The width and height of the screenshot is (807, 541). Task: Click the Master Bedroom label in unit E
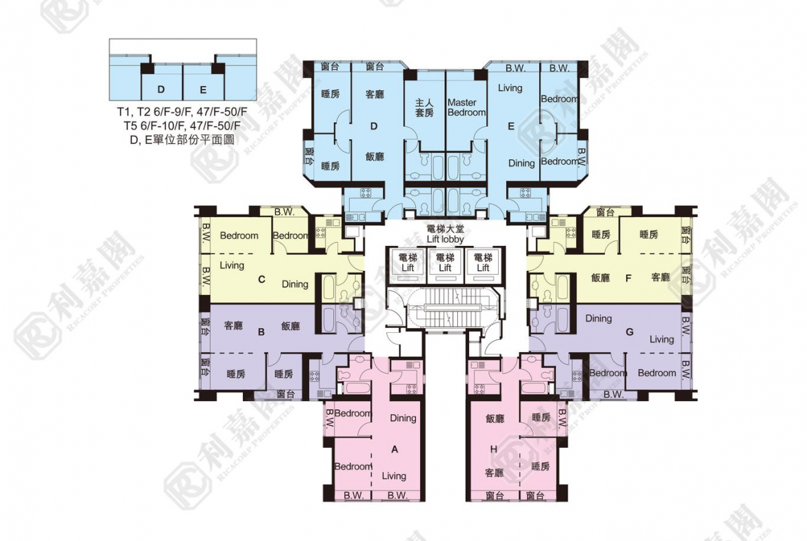466,108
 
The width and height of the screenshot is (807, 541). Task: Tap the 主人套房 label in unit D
424,108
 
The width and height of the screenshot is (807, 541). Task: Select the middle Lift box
445,263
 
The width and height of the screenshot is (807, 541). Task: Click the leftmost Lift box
408,263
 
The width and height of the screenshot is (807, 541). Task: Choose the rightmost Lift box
483,263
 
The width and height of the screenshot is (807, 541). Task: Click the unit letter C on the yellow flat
261,279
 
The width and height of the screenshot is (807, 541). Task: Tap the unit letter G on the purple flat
628,331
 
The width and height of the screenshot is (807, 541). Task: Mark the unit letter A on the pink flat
395,449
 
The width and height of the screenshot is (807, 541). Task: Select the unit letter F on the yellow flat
628,278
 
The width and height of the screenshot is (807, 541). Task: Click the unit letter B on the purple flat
261,331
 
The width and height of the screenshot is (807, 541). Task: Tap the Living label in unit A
395,476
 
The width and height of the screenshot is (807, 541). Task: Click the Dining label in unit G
598,318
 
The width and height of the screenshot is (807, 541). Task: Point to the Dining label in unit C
295,284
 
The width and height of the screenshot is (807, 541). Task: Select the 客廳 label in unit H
493,473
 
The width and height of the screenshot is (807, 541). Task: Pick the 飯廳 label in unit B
290,326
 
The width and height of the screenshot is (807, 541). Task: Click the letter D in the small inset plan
161,90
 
